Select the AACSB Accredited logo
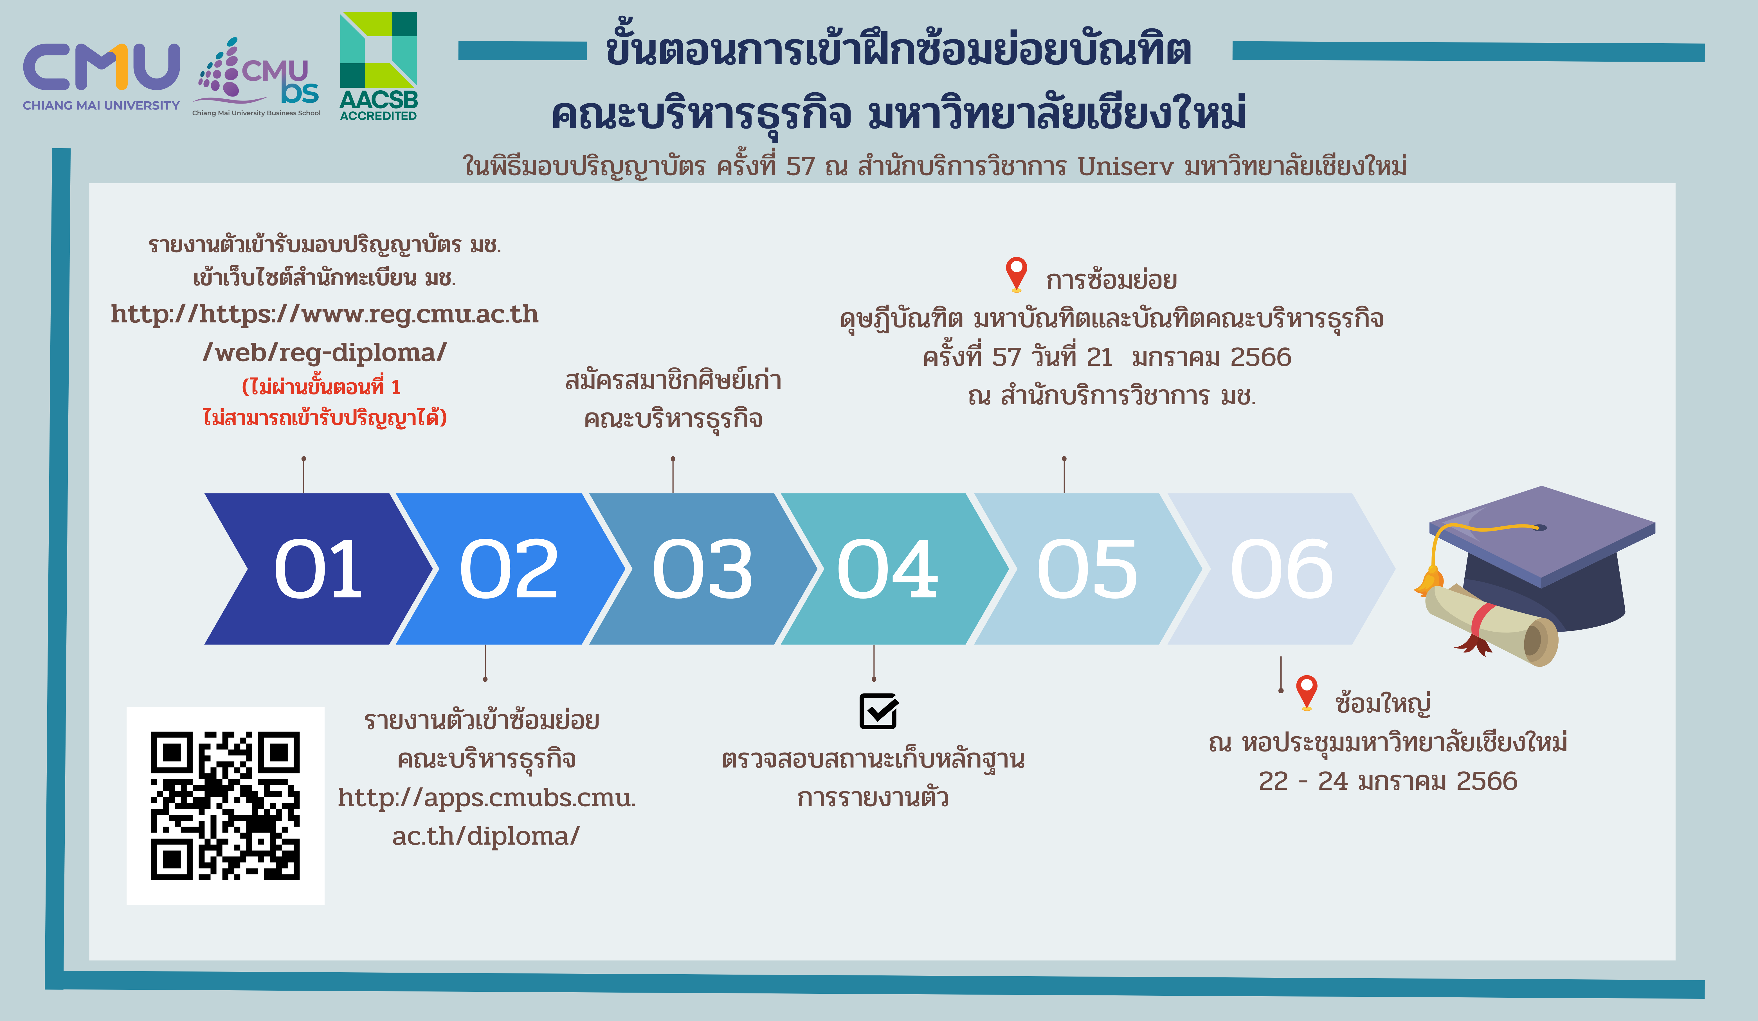point(378,66)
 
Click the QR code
point(225,806)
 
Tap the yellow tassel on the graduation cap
point(1430,579)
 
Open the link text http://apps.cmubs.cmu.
point(487,797)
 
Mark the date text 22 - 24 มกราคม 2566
point(1388,781)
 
